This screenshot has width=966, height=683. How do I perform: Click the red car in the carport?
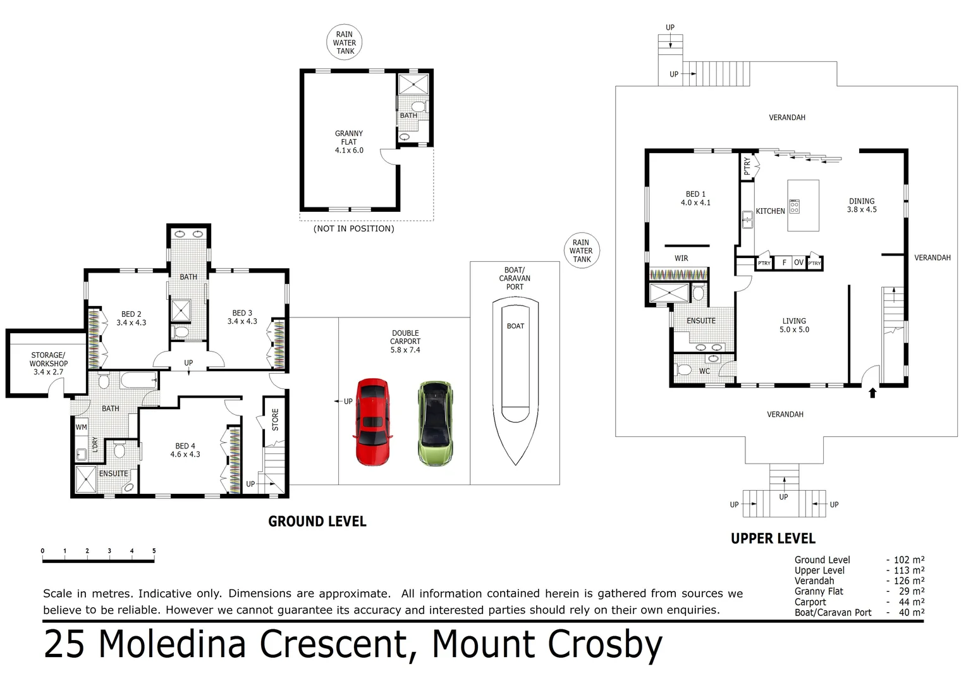click(373, 422)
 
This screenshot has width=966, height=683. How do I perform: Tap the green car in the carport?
click(436, 423)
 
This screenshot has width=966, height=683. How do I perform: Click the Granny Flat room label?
click(349, 142)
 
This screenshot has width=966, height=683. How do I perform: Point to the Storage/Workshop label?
click(48, 363)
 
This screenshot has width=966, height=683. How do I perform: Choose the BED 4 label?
click(185, 450)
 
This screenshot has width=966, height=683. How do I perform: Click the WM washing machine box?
click(81, 427)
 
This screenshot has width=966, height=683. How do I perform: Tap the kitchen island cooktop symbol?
click(794, 206)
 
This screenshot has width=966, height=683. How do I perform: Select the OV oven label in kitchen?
click(798, 262)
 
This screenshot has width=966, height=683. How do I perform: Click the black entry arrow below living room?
click(872, 393)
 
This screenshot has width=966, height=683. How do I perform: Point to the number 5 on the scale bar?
click(154, 551)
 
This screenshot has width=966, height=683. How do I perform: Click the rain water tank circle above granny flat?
click(344, 42)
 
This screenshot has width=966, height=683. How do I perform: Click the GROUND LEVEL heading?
click(317, 522)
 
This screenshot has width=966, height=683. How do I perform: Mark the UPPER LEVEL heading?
click(773, 538)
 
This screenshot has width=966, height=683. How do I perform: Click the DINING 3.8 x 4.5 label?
click(862, 206)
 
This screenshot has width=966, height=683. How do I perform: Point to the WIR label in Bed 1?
click(682, 259)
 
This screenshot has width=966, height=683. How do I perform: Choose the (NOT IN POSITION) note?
click(353, 229)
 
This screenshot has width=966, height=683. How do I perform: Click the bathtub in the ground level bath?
click(139, 380)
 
